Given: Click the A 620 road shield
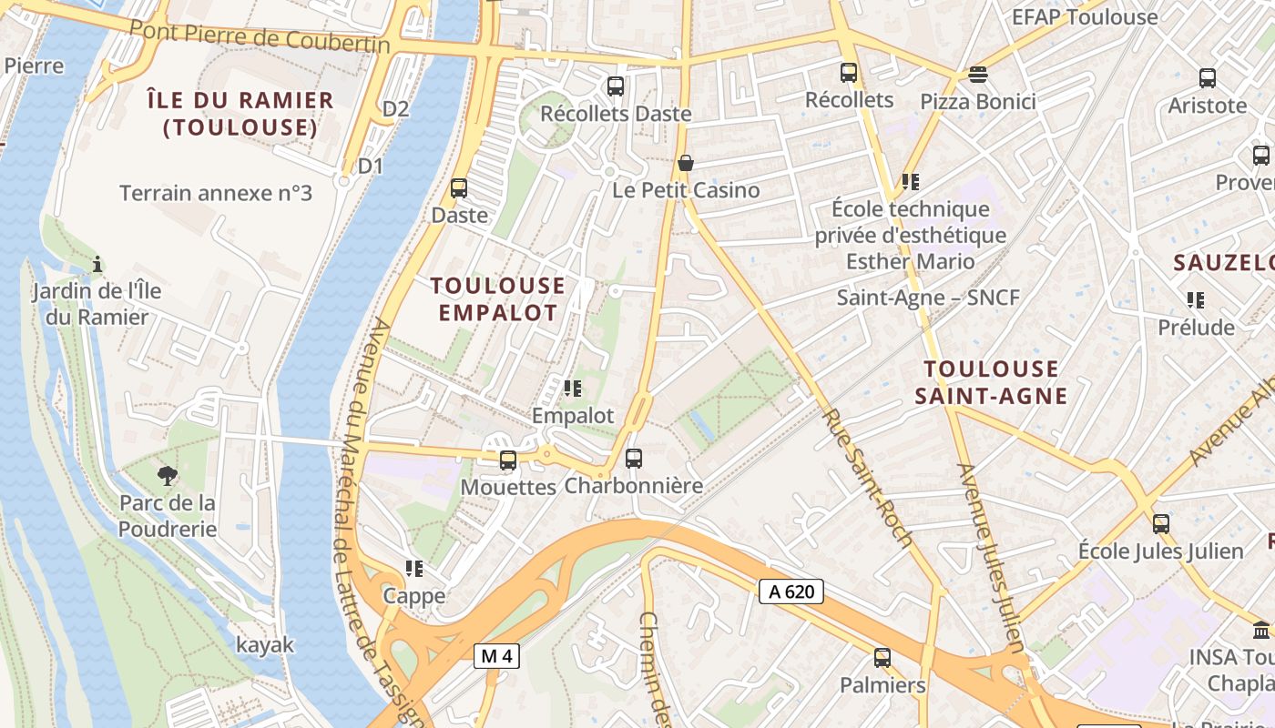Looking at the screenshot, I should coord(791,591).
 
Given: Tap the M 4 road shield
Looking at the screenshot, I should coord(496,654).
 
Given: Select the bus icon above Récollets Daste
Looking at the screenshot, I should coord(616,86).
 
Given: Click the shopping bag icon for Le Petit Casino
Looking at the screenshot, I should coord(686,163).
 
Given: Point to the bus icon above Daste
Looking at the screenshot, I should coord(459,188).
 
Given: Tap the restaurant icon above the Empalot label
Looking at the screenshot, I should coord(573,389).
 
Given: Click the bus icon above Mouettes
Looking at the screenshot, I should coord(508,460).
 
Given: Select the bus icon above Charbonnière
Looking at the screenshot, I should coord(634,459).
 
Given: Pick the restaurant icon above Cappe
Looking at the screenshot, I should coord(414,569).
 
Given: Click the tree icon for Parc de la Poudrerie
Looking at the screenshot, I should coord(167,474).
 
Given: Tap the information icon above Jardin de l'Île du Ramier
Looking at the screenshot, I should coord(97,265).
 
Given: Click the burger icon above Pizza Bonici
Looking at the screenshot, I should coord(978,74).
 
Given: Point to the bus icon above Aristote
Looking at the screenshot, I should coord(1208,78).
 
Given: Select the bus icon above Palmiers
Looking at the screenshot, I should coord(882,657).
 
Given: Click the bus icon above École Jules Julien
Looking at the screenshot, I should coord(1161,524).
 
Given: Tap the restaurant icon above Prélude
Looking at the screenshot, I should coord(1196,299).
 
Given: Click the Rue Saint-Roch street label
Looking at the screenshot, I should coord(867,478).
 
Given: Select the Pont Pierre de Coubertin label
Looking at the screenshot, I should coord(260,35).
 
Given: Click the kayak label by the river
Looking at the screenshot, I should coord(265,645).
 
